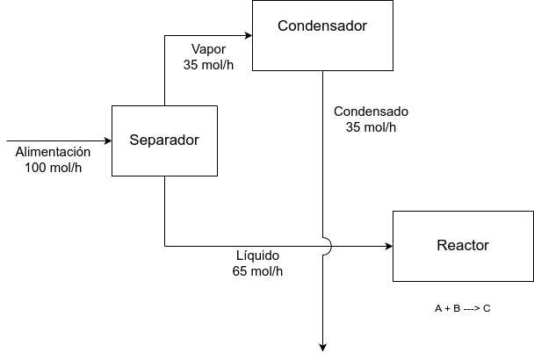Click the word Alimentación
pyautogui.click(x=54, y=152)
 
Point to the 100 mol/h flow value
pyautogui.click(x=54, y=168)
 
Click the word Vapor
pyautogui.click(x=208, y=48)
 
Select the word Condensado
pyautogui.click(x=371, y=112)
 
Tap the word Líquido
pyautogui.click(x=257, y=256)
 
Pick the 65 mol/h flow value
pyautogui.click(x=257, y=271)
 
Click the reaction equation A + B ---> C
pyautogui.click(x=462, y=309)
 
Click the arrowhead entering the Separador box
pyautogui.click(x=107, y=140)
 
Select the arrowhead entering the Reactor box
pyautogui.click(x=387, y=246)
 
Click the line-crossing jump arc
pyautogui.click(x=327, y=246)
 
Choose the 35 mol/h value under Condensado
pyautogui.click(x=371, y=127)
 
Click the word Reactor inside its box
pyautogui.click(x=462, y=245)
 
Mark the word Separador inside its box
pyautogui.click(x=164, y=140)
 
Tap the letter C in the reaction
pyautogui.click(x=487, y=309)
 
